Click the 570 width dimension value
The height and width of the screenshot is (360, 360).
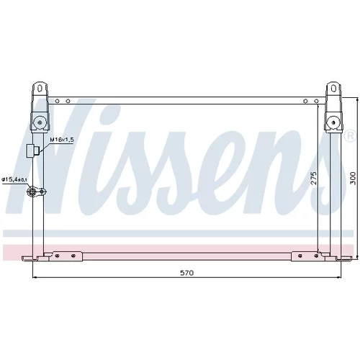point(186,273)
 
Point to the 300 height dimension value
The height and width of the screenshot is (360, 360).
point(352,178)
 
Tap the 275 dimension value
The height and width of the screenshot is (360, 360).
point(313,178)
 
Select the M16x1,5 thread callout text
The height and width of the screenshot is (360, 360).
point(62,140)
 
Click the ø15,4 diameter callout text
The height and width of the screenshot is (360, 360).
point(14,179)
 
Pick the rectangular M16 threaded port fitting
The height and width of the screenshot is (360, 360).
point(32,150)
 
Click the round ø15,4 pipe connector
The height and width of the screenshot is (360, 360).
point(32,192)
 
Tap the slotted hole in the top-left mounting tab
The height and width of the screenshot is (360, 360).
point(40,89)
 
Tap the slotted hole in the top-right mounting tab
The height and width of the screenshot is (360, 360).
point(333,89)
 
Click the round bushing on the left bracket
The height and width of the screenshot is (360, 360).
point(40,122)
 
